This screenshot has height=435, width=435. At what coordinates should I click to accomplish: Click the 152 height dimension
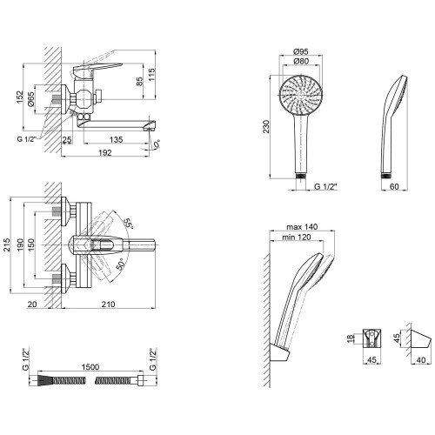pos(19,97)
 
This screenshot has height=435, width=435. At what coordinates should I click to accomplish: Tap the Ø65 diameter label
pos(31,99)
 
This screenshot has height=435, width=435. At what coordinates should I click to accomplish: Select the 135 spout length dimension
pos(117,139)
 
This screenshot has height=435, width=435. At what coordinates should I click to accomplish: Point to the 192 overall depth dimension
pos(105,152)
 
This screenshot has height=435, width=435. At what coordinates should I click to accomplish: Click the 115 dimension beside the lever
pos(151,75)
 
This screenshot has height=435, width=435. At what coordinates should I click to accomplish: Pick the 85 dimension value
pos(139,82)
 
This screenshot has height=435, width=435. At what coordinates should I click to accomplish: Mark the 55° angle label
pos(128,224)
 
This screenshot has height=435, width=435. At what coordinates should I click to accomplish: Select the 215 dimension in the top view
pos(6,245)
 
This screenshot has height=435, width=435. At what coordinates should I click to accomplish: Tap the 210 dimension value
pos(108,304)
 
